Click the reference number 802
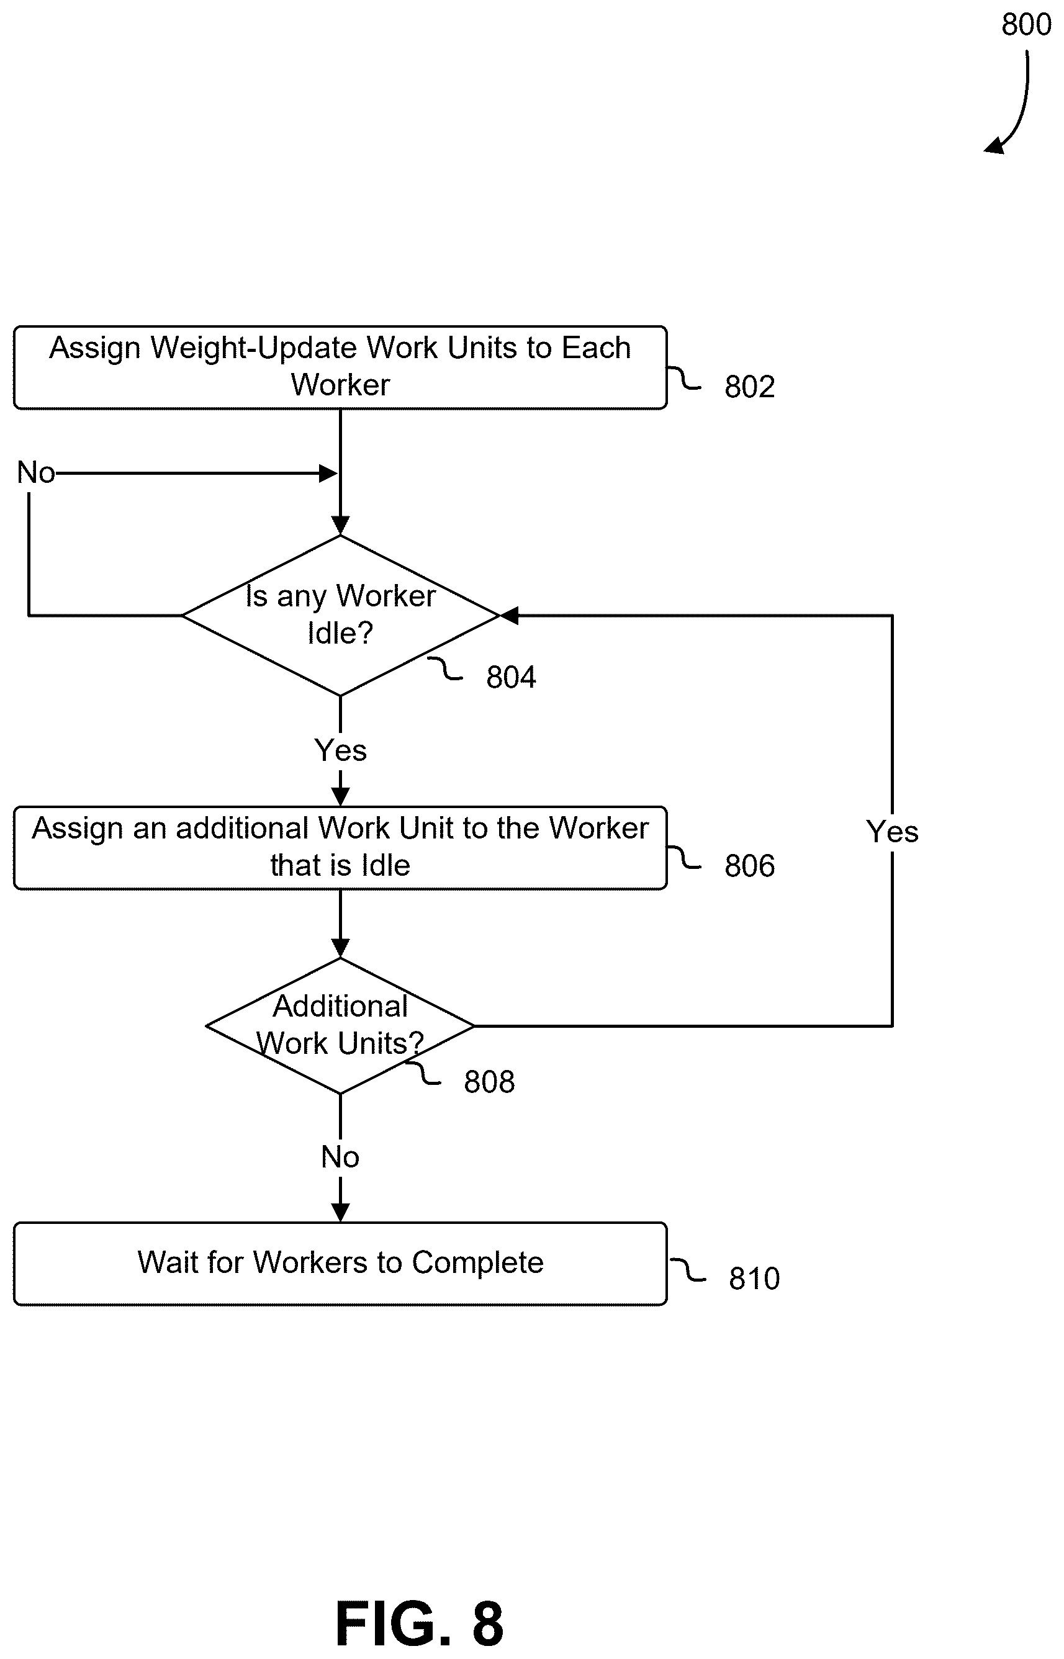[750, 387]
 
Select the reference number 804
[512, 678]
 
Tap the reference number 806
[750, 866]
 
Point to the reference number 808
[489, 1082]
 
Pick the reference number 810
[754, 1279]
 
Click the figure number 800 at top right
[1027, 25]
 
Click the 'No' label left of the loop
[36, 473]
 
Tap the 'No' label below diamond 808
[340, 1157]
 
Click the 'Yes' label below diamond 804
[341, 751]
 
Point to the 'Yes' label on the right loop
[893, 832]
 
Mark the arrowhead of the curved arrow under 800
[993, 146]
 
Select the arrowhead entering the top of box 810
[341, 1213]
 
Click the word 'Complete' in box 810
[478, 1263]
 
